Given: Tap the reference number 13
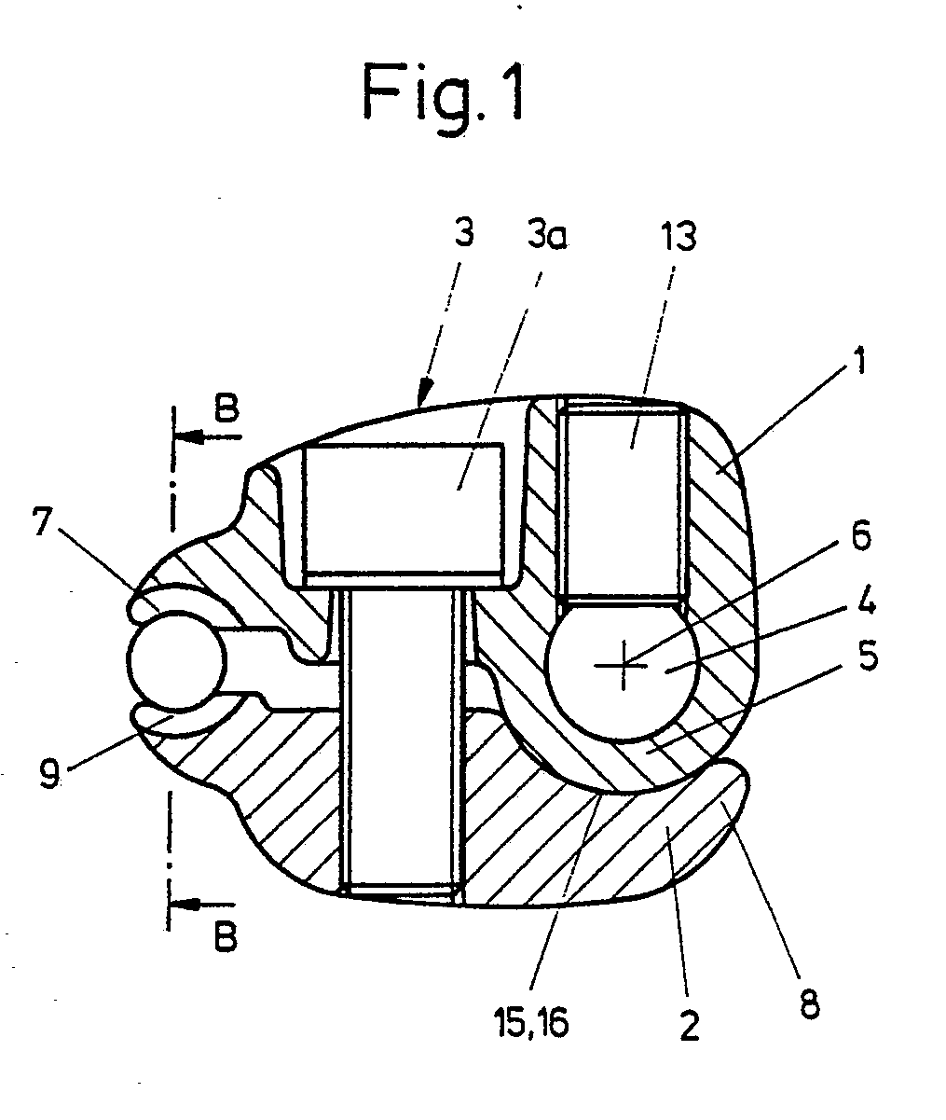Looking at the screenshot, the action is pos(679,236).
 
